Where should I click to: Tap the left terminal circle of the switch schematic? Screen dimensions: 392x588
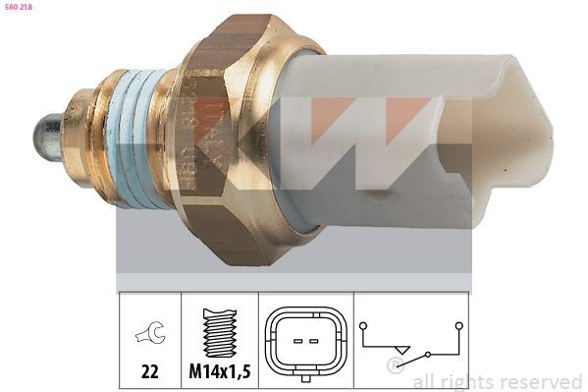363,323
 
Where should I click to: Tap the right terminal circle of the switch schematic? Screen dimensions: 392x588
458,323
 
